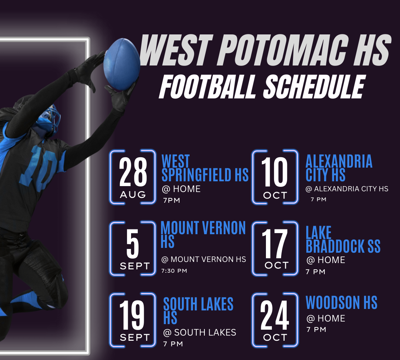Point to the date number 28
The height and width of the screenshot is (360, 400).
[133, 172]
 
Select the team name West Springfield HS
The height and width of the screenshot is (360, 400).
[205, 169]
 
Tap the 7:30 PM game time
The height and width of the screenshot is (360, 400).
[174, 271]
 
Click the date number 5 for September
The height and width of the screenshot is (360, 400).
[133, 245]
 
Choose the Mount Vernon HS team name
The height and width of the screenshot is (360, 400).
[203, 234]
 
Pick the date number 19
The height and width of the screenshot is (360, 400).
[133, 316]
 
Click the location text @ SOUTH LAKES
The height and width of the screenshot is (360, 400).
[200, 333]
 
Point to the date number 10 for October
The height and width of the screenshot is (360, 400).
[275, 172]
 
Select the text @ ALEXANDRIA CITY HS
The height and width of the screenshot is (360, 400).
[347, 189]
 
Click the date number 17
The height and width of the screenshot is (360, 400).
[275, 245]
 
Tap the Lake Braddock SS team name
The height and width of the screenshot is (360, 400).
[343, 240]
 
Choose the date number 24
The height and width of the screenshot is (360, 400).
[275, 316]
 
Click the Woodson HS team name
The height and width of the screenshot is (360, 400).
[341, 303]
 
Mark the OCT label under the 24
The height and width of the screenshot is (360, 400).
[275, 337]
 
